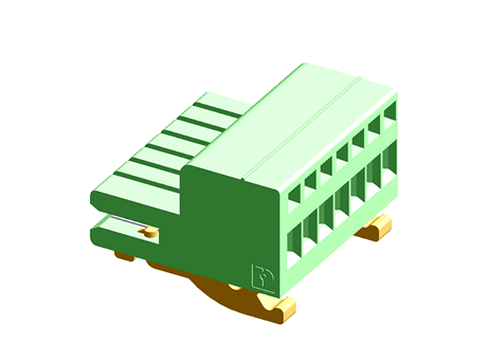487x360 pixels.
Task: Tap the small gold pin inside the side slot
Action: click(150, 232)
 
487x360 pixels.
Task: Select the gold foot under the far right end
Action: click(375, 227)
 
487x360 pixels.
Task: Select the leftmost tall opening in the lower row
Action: click(294, 244)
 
